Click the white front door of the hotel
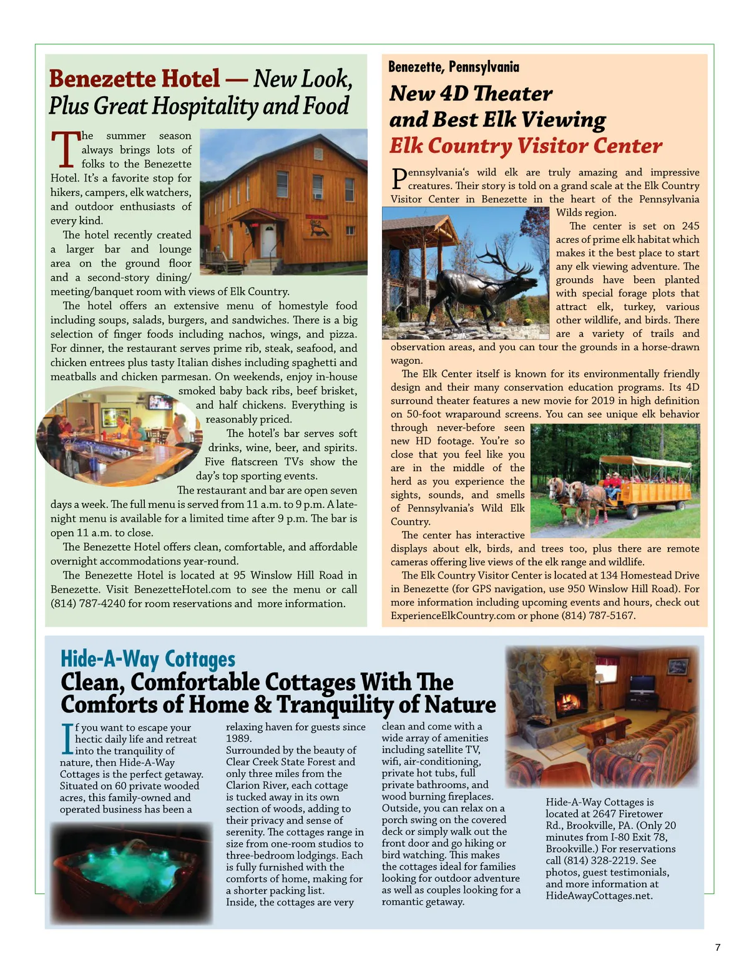[x=268, y=240]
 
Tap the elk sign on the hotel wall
[x=318, y=228]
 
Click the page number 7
[x=717, y=947]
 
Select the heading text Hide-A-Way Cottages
[x=148, y=659]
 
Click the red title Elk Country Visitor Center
[x=526, y=146]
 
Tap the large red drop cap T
[x=65, y=150]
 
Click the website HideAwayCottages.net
[x=599, y=895]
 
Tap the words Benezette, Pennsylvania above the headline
[x=453, y=67]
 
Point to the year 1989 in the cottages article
[x=238, y=738]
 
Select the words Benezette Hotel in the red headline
[x=134, y=79]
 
